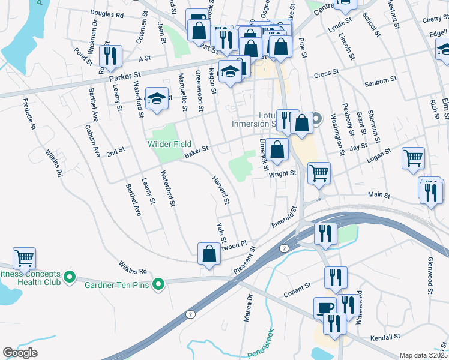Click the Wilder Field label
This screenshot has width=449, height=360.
point(170,145)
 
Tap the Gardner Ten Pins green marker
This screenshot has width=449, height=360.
point(158,284)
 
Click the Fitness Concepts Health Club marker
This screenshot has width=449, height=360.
point(69,277)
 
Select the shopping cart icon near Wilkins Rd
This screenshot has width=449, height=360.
point(25,259)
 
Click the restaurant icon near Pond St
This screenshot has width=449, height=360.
point(110,56)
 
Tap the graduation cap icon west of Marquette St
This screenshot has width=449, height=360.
point(157,99)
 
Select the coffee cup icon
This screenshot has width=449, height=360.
point(325,308)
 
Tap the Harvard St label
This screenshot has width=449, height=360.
point(221,190)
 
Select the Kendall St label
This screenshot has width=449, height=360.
point(385,337)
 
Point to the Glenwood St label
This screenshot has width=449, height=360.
point(430,274)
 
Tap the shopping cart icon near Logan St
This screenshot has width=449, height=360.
point(413,158)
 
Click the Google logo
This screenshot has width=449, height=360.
point(19,352)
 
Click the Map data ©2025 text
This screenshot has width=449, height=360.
point(423,355)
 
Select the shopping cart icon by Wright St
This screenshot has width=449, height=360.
point(319,173)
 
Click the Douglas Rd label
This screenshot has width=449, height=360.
point(107,13)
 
